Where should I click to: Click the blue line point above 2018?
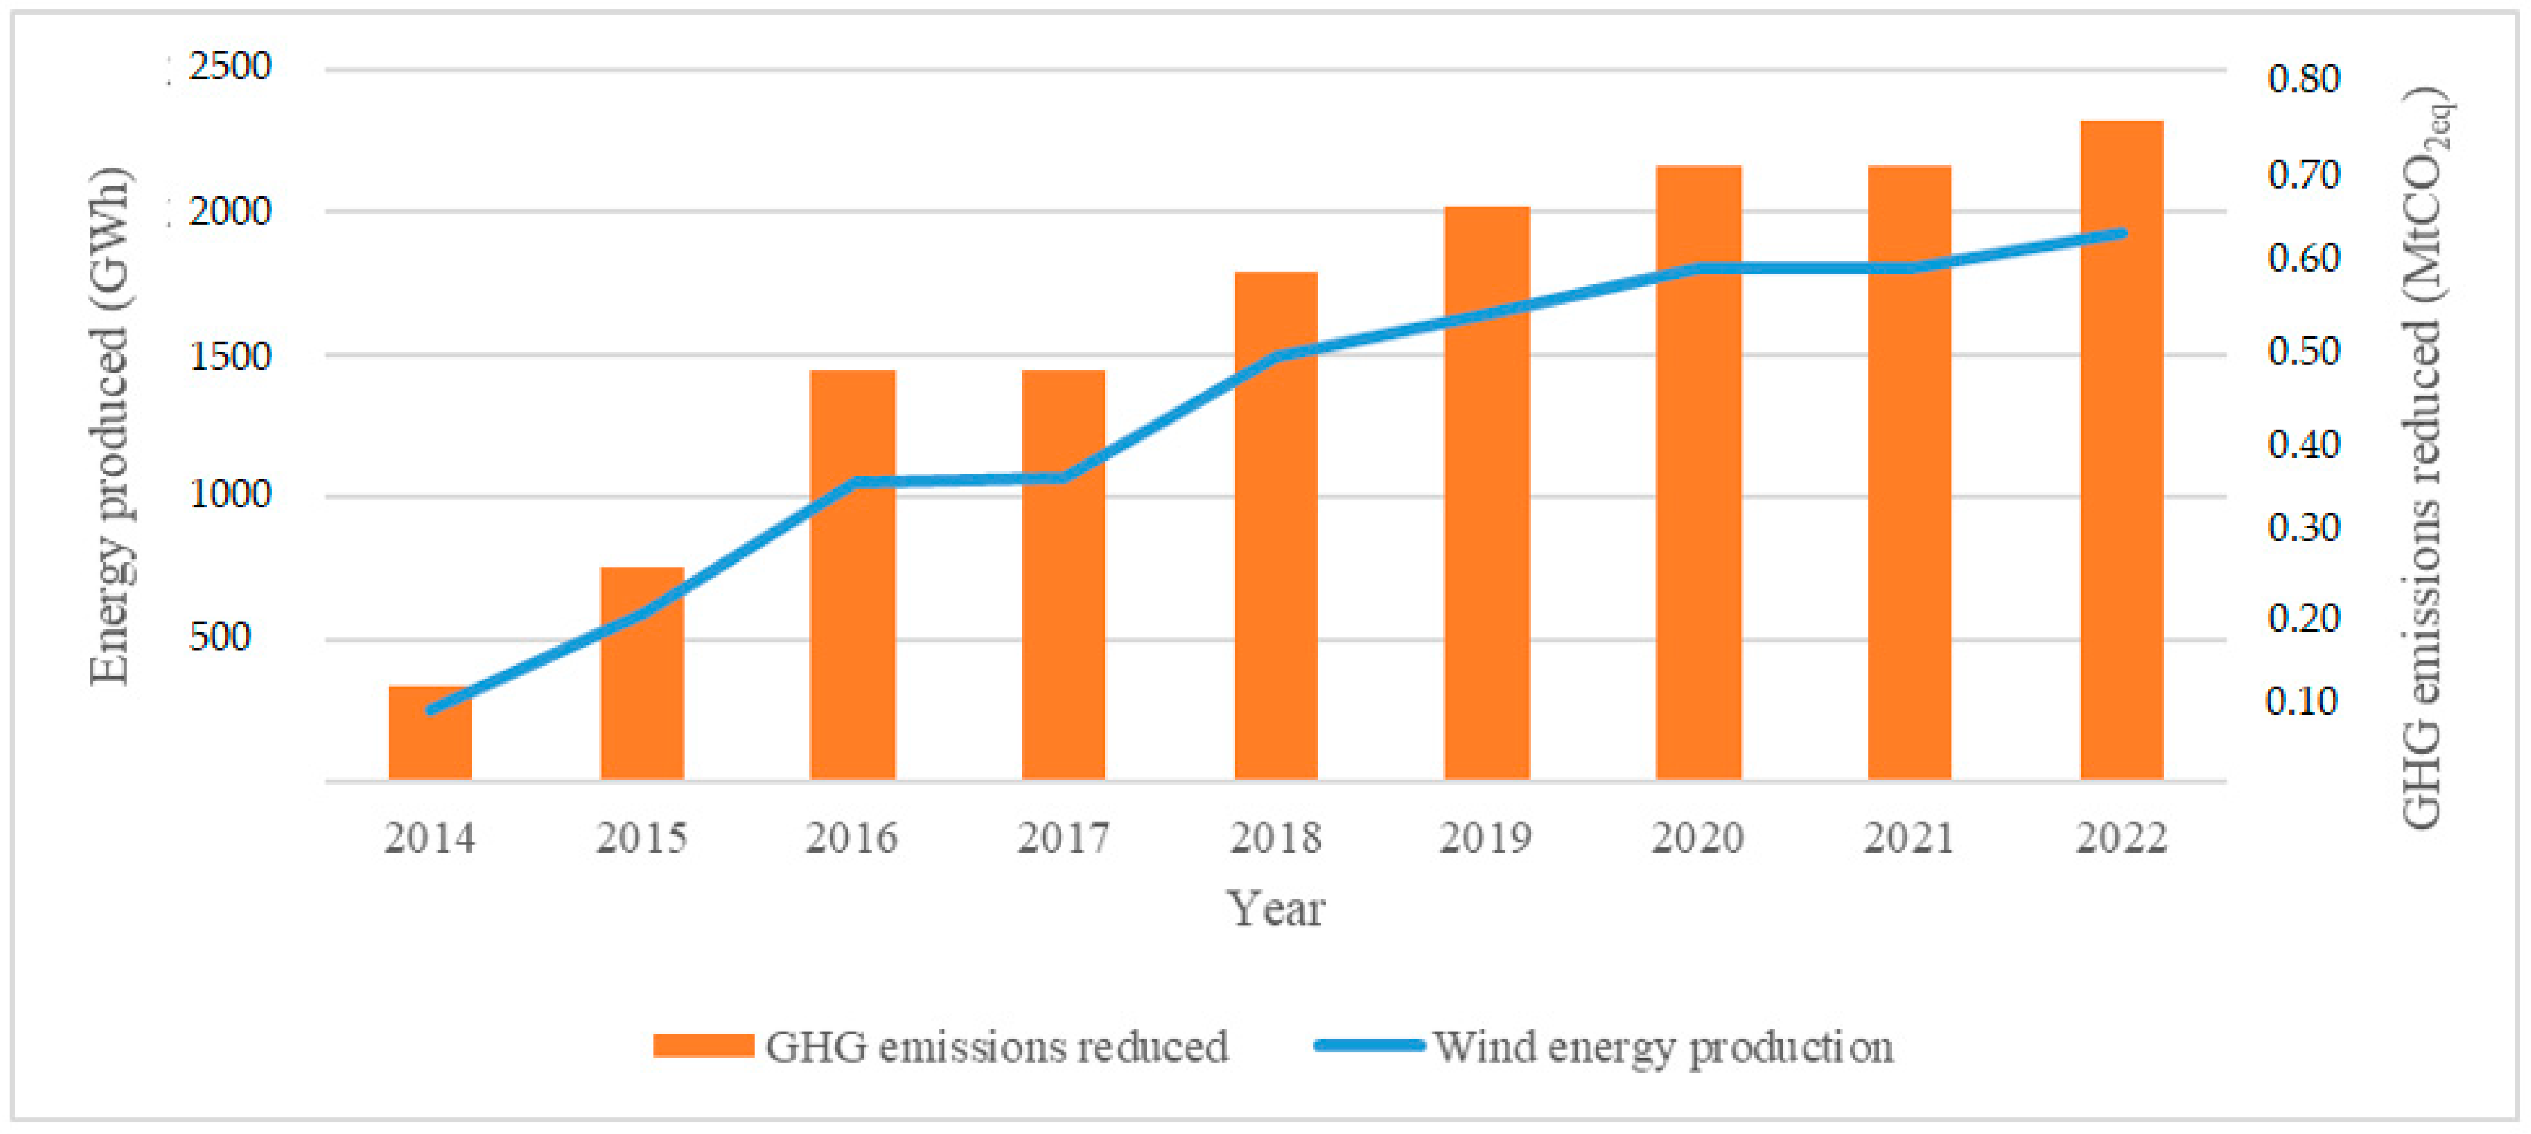[1275, 356]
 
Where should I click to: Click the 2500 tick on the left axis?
[229, 67]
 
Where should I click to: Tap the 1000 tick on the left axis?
[229, 493]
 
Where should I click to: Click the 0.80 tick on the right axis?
[2303, 79]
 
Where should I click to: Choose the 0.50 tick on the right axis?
[2303, 351]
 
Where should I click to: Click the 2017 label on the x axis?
[1063, 838]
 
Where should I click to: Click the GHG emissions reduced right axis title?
[2424, 458]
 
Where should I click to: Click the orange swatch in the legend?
[704, 1046]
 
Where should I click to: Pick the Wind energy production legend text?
[1662, 1048]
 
